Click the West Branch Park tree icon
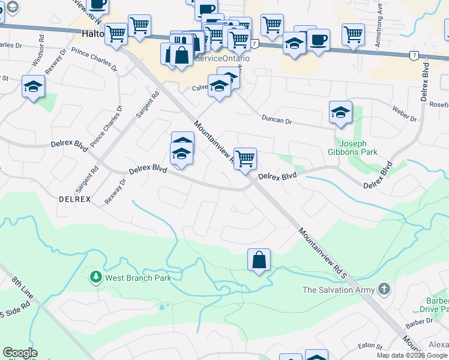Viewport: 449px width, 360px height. click(x=95, y=277)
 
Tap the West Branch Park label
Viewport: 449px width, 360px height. click(x=138, y=278)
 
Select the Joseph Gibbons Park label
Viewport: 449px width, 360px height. click(x=358, y=148)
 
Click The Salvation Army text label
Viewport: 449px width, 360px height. click(x=339, y=290)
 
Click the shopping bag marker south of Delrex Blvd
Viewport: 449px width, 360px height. click(x=259, y=260)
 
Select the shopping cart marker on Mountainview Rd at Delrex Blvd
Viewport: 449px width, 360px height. click(x=245, y=160)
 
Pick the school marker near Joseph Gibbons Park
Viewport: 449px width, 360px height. click(x=340, y=112)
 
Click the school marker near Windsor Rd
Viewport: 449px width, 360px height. click(x=33, y=87)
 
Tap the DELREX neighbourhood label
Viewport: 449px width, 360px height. click(x=74, y=199)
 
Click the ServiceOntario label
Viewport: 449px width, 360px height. click(x=223, y=59)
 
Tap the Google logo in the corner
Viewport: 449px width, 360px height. click(x=20, y=353)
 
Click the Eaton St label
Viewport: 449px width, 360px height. click(x=370, y=346)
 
